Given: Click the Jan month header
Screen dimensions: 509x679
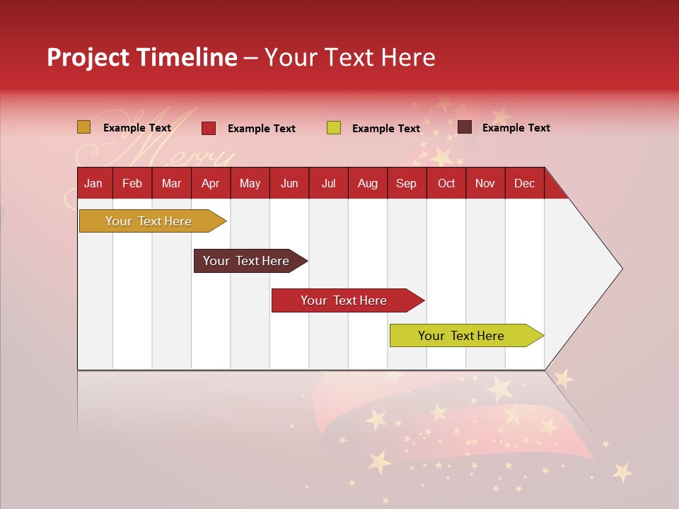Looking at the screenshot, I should point(93,183).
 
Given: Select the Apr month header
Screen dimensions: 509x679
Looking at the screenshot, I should point(211,183).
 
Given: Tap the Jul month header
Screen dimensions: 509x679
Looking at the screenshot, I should point(328,183).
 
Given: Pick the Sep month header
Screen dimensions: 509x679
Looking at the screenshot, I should point(406,183).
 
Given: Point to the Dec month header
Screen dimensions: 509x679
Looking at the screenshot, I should point(524,183).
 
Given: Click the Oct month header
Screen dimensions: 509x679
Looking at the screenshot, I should point(446,183).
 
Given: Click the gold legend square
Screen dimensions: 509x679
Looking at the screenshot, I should point(84,127).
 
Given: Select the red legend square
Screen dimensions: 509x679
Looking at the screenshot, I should point(209,128).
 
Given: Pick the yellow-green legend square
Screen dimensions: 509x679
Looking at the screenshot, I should point(334,128).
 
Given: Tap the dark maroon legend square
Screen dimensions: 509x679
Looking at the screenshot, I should point(465,127).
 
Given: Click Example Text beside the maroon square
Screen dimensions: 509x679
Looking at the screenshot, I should point(516,127).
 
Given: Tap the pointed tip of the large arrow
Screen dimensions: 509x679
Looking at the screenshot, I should point(620,269).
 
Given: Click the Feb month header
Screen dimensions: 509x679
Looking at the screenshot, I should point(132,183).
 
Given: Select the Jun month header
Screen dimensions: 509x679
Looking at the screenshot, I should point(289,183).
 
